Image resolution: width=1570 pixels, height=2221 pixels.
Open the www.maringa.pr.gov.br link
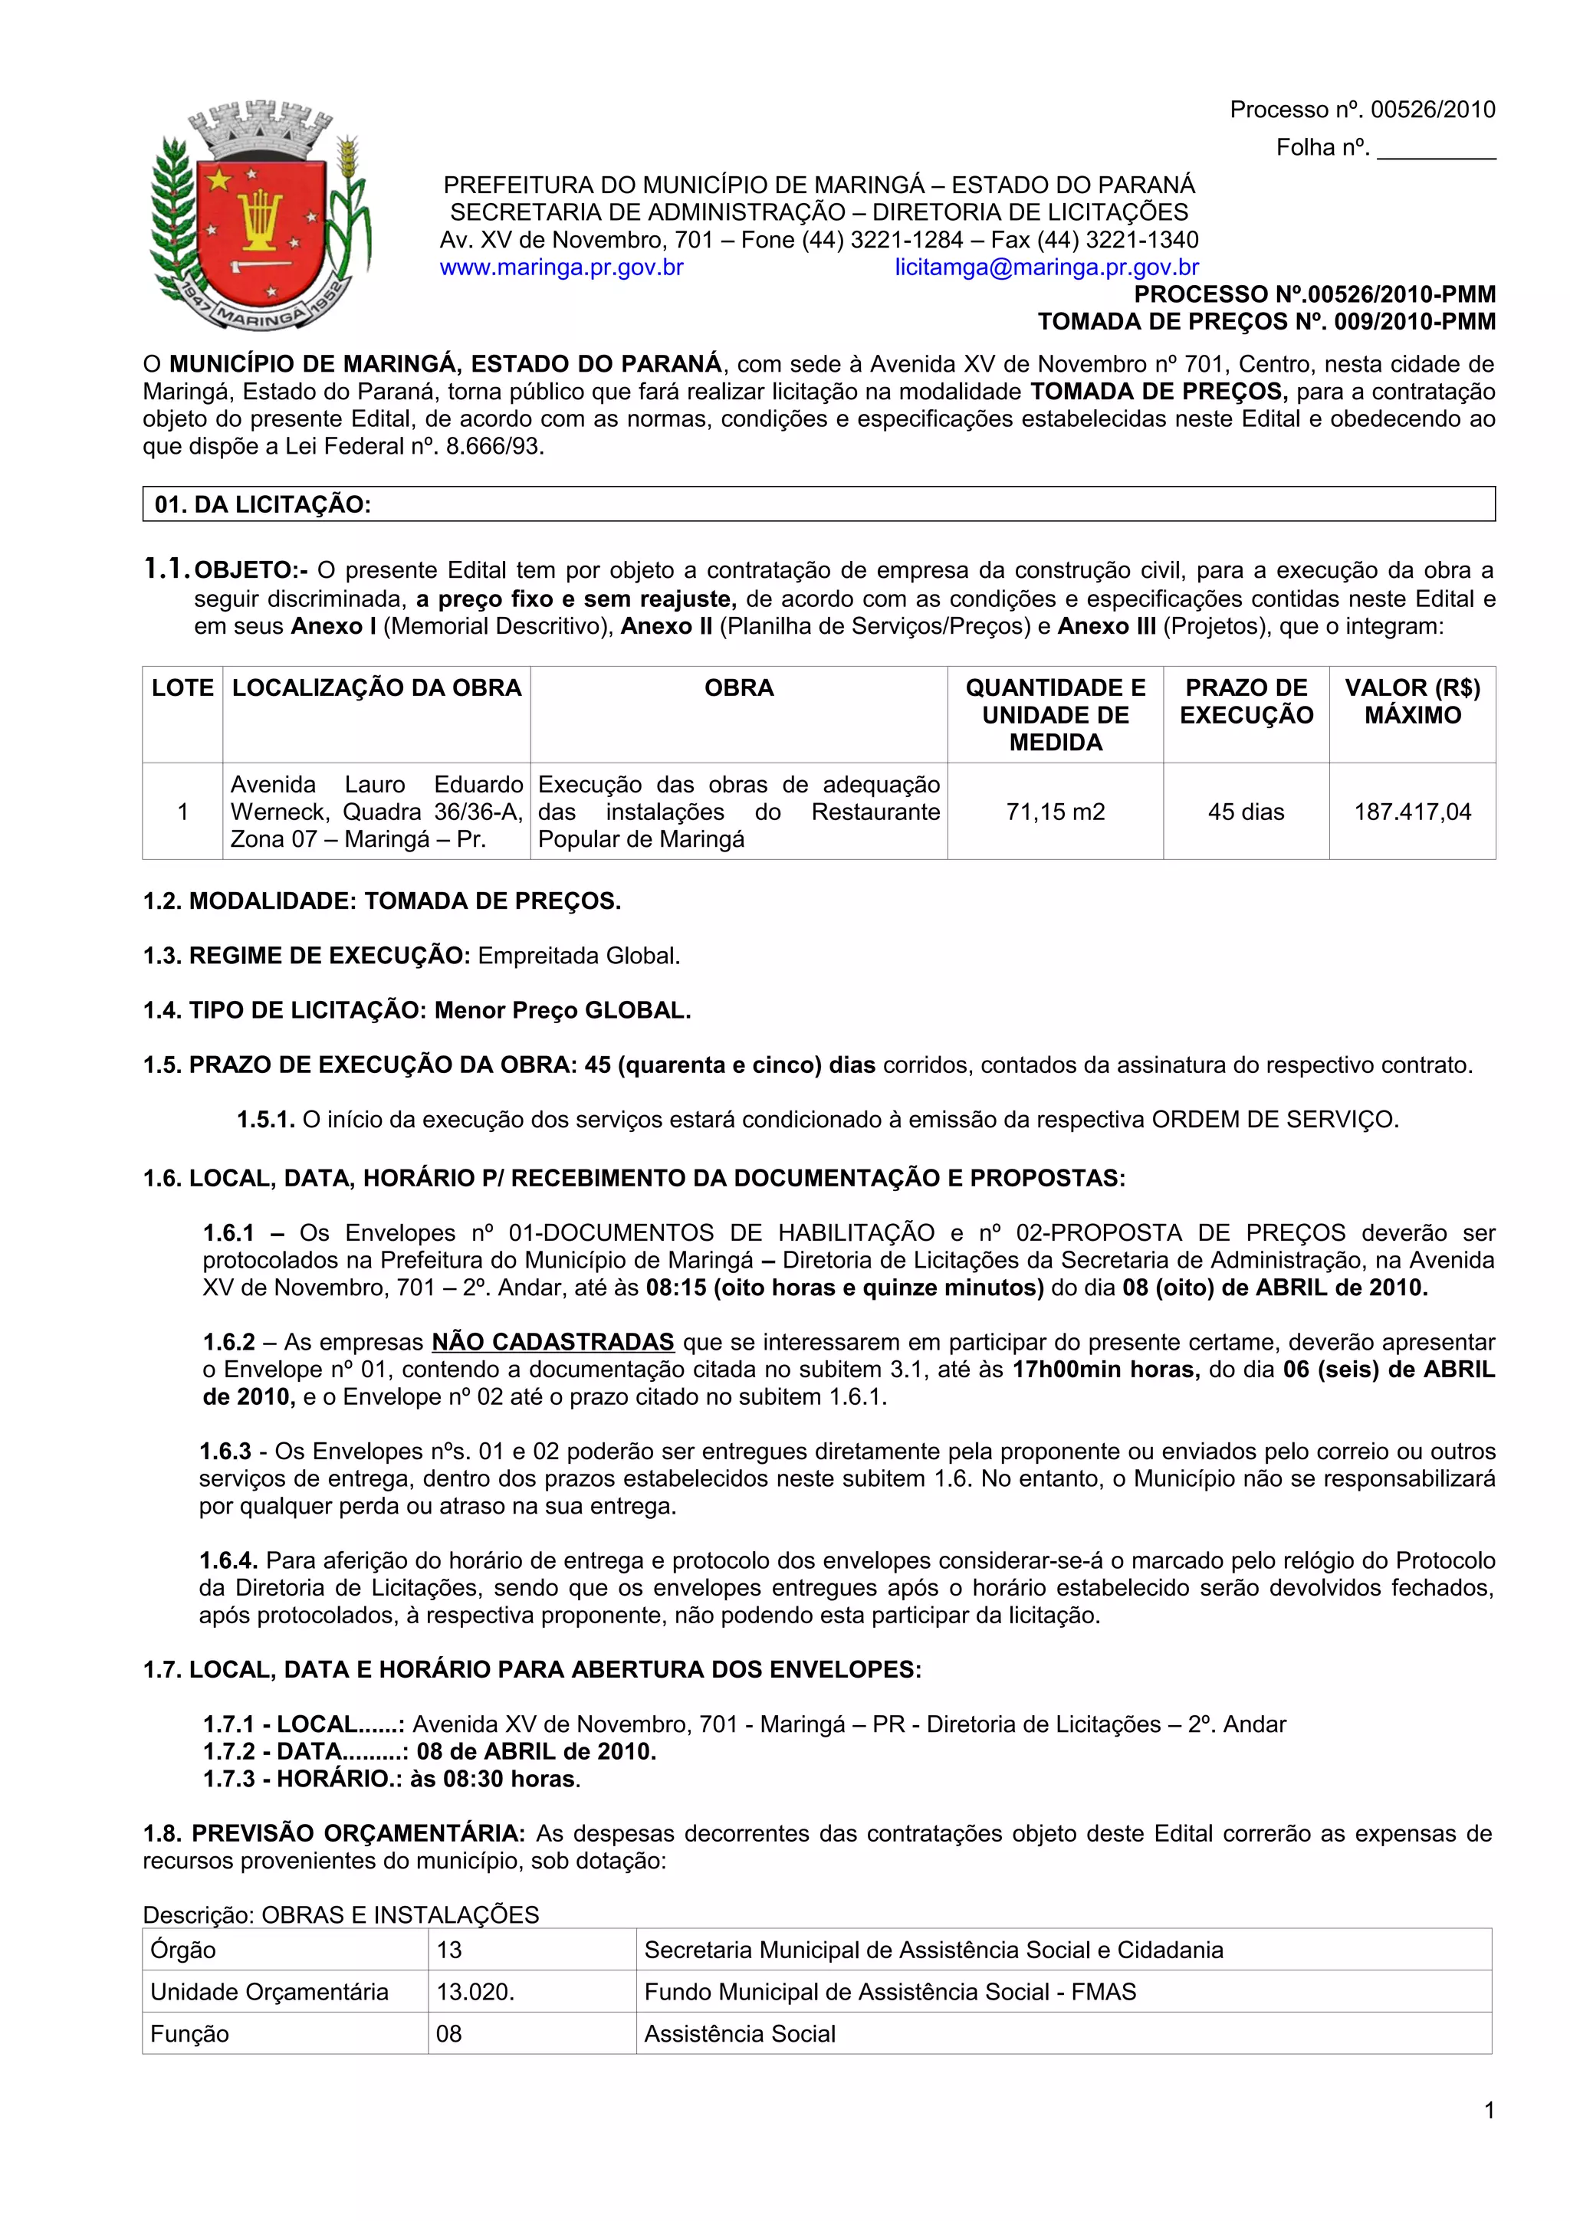pos(561,268)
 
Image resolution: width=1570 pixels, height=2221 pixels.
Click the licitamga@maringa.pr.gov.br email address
pos(1046,268)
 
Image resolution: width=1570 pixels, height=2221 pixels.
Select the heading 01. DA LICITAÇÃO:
pos(263,505)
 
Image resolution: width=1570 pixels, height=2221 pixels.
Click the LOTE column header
pos(182,689)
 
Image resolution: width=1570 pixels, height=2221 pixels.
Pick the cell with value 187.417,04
pos(1411,812)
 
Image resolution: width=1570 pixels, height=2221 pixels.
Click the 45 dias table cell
pos(1245,812)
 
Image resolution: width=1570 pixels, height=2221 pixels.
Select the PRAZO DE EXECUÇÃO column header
pos(1246,702)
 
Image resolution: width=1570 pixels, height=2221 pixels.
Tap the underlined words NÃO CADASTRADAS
pos(553,1343)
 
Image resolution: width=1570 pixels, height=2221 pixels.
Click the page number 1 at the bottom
pos(1489,2111)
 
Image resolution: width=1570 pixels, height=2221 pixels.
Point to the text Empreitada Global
pos(579,956)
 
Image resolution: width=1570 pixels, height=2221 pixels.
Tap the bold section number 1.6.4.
pos(228,1561)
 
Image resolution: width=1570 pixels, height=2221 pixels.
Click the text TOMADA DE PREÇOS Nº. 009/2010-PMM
pos(1266,322)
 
